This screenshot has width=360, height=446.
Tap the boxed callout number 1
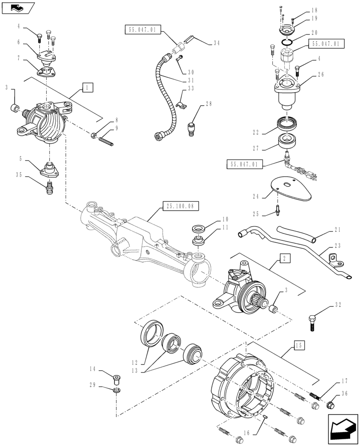[87, 87]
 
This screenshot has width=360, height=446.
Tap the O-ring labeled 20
[288, 42]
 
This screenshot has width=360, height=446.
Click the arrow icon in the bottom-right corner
[343, 429]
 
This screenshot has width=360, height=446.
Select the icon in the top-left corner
[17, 7]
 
